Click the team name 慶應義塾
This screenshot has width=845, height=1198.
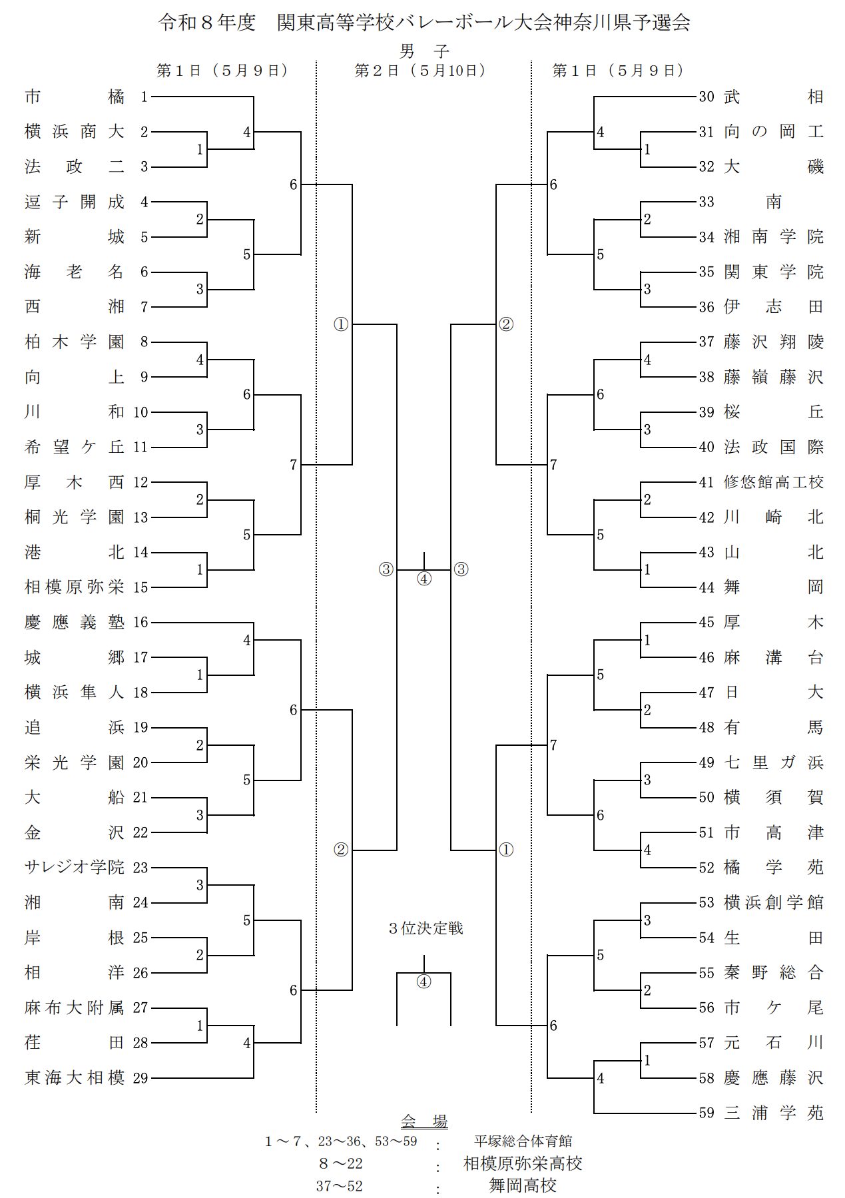[x=75, y=623]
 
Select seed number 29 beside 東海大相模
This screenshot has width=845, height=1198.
[x=140, y=1078]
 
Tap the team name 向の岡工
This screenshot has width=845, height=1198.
[x=774, y=132]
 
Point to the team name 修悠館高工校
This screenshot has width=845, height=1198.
[x=774, y=482]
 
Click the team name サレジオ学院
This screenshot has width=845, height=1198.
[x=75, y=868]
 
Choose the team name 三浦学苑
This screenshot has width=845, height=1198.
[x=774, y=1113]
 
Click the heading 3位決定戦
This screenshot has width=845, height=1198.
[x=425, y=928]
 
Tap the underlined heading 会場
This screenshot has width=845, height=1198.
[x=424, y=1121]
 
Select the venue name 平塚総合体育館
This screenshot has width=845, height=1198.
[x=523, y=1141]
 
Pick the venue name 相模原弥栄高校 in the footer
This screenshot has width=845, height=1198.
[x=523, y=1163]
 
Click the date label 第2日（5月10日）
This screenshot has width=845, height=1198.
[x=421, y=71]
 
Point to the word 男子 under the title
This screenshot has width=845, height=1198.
[x=424, y=51]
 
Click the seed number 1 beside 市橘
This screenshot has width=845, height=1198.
[x=144, y=97]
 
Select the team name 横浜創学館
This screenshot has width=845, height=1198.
[x=774, y=903]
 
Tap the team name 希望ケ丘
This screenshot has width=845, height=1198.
[x=75, y=448]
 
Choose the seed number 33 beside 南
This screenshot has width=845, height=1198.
[x=706, y=202]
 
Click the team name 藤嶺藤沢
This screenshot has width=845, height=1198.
[x=774, y=378]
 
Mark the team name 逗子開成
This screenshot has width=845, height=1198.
[x=75, y=202]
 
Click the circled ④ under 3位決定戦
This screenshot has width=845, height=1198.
[x=424, y=982]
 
